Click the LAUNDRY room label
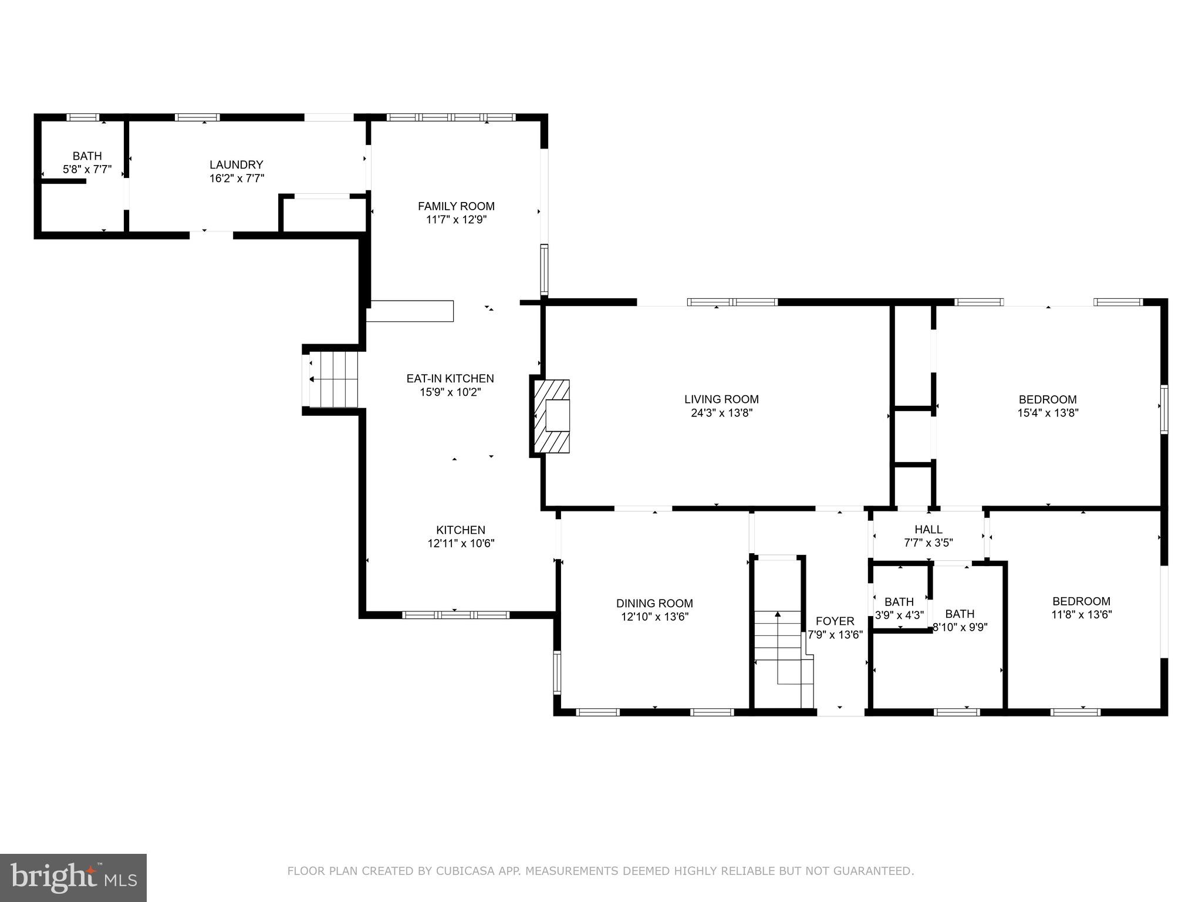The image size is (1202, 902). (237, 165)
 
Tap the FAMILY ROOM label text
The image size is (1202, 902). (456, 206)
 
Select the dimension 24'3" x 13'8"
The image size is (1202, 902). (721, 413)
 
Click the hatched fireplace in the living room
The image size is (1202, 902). (551, 416)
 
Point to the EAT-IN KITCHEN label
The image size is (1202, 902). (450, 379)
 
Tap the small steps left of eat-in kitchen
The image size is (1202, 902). (333, 379)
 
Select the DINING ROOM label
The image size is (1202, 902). (654, 603)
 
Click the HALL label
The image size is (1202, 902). (928, 529)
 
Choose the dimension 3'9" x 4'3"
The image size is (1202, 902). (899, 615)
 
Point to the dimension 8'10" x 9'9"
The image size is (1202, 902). (960, 627)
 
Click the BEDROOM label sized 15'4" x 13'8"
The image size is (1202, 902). (1048, 399)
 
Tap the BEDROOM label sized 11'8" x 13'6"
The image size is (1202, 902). (1081, 601)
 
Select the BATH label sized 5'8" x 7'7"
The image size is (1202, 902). (87, 156)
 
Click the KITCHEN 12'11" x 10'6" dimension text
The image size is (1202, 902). (461, 544)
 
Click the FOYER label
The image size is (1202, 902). (835, 621)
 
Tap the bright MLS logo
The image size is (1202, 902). (73, 877)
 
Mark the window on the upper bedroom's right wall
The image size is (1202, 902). (1164, 409)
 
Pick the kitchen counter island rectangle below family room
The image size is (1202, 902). (410, 311)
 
